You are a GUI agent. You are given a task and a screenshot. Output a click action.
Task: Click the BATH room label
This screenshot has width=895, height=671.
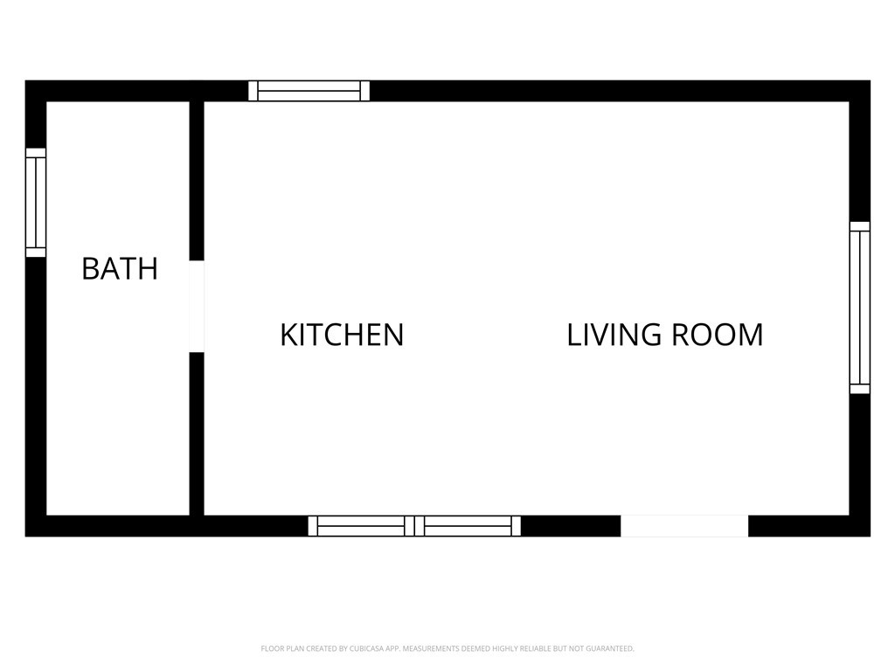click(120, 269)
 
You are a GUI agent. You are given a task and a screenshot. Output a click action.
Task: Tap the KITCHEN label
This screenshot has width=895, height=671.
click(342, 335)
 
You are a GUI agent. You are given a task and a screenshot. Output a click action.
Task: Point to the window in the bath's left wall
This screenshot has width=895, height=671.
click(36, 203)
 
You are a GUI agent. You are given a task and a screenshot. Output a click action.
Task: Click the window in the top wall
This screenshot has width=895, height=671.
click(309, 91)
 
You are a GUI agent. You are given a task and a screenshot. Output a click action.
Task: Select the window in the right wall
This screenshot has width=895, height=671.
click(860, 308)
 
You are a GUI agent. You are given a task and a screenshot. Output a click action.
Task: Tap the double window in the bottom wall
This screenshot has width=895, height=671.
click(414, 526)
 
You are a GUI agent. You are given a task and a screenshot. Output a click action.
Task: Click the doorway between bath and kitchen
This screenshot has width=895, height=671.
click(197, 307)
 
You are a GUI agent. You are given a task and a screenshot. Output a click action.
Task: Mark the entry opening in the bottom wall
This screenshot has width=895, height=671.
click(684, 526)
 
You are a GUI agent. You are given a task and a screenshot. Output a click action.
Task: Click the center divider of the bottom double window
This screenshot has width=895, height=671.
click(414, 526)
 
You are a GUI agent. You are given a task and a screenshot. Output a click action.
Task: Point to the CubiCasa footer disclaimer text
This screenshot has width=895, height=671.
click(447, 648)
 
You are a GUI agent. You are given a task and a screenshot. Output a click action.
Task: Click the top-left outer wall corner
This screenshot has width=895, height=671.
click(35, 91)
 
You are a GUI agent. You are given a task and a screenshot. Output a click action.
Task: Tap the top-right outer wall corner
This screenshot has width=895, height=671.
click(860, 91)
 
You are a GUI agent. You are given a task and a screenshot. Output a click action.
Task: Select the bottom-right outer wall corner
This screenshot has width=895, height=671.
click(860, 526)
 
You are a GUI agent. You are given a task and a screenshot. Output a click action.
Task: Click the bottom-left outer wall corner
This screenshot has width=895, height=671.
click(35, 526)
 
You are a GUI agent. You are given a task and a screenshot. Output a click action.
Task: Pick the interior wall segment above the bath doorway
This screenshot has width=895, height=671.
click(197, 180)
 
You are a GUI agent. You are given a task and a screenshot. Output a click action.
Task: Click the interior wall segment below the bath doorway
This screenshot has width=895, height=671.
click(197, 433)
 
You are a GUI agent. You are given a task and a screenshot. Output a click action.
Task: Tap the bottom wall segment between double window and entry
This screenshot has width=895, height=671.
click(571, 526)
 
